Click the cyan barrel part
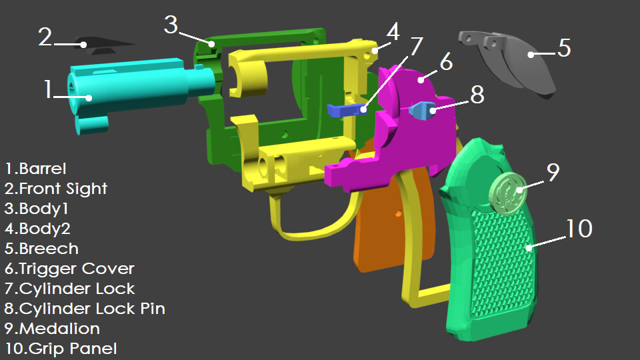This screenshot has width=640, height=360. coord(133,87)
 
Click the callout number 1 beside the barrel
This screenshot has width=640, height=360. coord(47,89)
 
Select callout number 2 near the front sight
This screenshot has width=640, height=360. coord(45,37)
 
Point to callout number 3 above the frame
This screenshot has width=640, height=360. coord(171,25)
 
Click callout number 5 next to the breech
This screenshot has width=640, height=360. coord(564,48)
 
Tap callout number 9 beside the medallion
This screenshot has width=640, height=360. coord(553,172)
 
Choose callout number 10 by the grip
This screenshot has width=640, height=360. coord(578,229)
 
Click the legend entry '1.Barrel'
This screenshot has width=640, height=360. coord(36,169)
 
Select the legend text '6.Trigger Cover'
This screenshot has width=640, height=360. coord(70,269)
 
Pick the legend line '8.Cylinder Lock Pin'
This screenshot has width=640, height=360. coord(85,309)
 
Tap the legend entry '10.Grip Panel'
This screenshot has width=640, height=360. coord(61,348)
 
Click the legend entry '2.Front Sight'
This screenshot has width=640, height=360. coord(57,189)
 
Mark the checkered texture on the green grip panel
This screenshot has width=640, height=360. coord(500,267)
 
